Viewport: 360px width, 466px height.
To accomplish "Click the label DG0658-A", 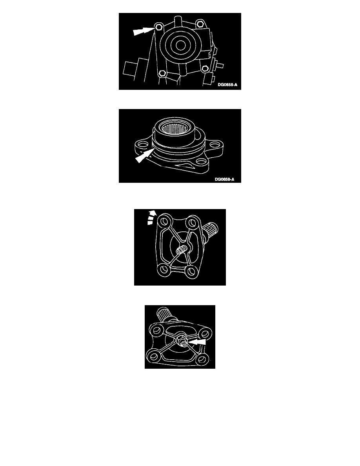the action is [x=227, y=85].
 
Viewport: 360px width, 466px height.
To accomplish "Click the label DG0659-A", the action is [x=225, y=179].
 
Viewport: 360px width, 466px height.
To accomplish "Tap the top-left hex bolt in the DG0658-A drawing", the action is [x=159, y=27].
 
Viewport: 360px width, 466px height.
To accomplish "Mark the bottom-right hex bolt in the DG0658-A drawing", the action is [x=204, y=69].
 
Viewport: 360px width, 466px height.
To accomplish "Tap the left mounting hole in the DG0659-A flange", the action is [x=142, y=145].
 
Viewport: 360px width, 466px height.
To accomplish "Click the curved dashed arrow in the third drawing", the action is [x=151, y=218].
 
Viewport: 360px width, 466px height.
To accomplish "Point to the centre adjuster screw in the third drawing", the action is [x=181, y=250].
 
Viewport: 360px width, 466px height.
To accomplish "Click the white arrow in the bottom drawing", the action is [x=196, y=342].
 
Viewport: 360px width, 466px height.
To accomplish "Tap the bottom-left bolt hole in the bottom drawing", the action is [x=154, y=356].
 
